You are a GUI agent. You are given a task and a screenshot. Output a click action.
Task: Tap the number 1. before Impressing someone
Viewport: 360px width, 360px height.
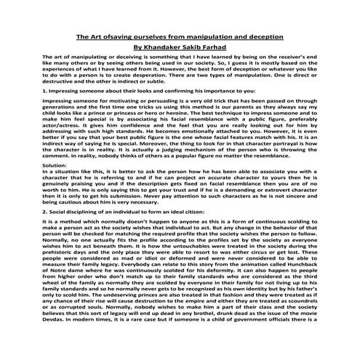point(46,89)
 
